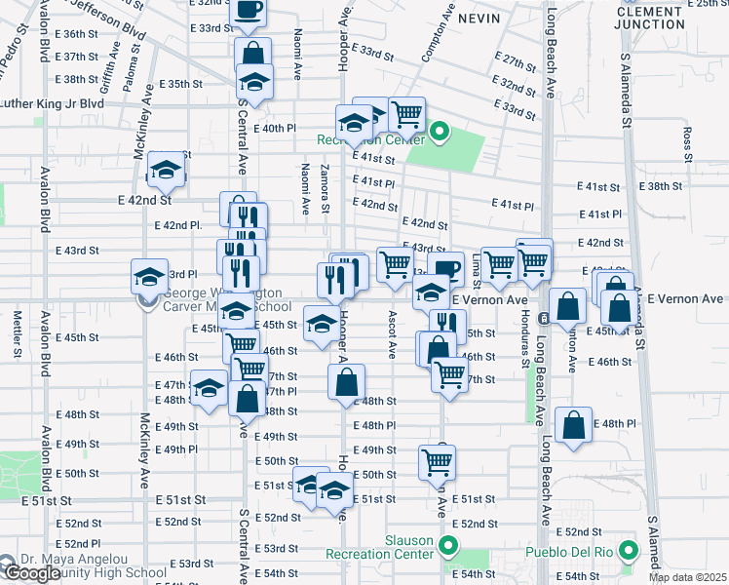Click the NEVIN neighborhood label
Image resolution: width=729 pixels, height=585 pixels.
point(478,19)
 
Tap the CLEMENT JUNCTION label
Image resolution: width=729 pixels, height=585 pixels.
point(658,18)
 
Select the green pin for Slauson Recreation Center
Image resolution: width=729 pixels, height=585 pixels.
point(448,546)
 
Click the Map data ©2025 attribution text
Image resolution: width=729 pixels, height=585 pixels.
point(688,577)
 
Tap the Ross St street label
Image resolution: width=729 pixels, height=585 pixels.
point(687,143)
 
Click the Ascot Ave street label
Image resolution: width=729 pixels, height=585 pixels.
point(393,332)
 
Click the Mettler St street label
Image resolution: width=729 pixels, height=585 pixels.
point(17,329)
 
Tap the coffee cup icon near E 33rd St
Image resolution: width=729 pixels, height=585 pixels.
point(249,12)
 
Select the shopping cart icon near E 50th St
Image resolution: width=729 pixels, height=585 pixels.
point(438,462)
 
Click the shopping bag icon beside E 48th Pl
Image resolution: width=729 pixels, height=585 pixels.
point(574,426)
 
